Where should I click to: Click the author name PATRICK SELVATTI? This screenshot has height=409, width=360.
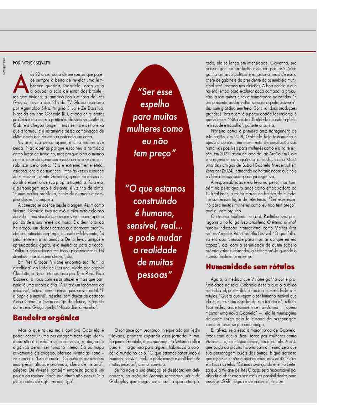pyautogui.click(x=36, y=63)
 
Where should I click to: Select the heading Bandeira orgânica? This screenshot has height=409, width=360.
pyautogui.click(x=46, y=317)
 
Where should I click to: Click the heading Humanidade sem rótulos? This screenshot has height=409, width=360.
pyautogui.click(x=250, y=266)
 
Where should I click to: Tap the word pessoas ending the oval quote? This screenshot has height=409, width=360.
pyautogui.click(x=153, y=275)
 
